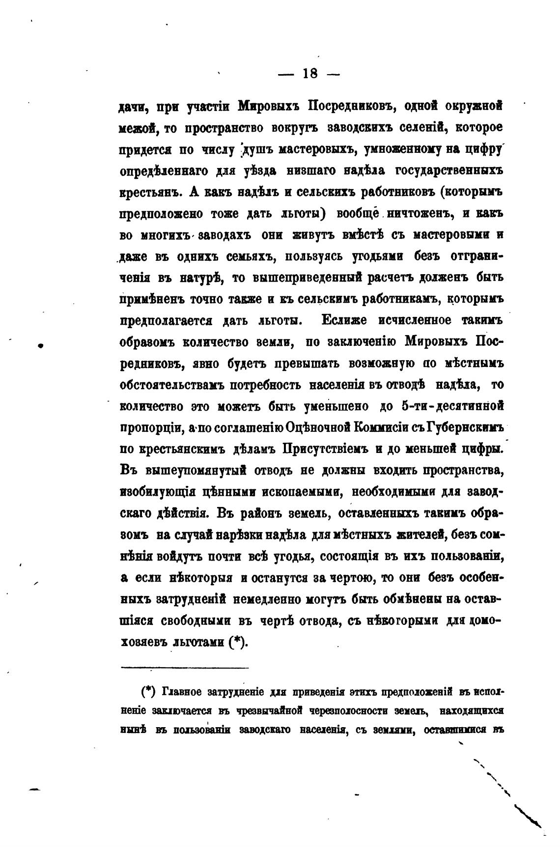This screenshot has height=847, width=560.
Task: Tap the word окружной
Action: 475,106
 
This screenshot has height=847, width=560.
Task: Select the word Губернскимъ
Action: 466,428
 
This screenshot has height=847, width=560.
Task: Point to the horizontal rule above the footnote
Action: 184,668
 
